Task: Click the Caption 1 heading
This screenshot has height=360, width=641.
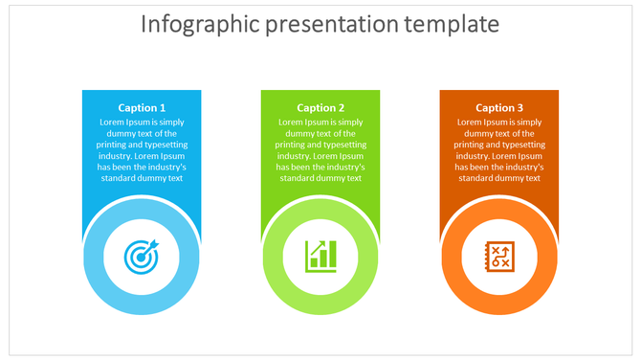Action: pos(142,108)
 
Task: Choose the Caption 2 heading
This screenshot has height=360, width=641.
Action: pos(320,108)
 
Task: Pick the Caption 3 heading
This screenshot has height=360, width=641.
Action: pos(499,108)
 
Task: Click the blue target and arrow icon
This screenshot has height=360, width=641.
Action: pos(142,256)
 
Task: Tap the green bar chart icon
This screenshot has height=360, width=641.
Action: pos(320,256)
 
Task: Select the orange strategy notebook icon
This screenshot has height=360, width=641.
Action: pos(499,256)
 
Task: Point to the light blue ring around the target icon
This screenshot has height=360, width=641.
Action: pos(96,256)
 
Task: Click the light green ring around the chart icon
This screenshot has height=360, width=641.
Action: pos(275,256)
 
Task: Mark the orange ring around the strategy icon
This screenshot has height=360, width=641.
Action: pos(453,256)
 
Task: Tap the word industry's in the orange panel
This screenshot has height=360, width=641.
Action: pos(520,167)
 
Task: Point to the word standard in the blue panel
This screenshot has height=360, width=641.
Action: pos(119,178)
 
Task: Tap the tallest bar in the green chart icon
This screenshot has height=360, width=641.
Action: pos(331,255)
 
